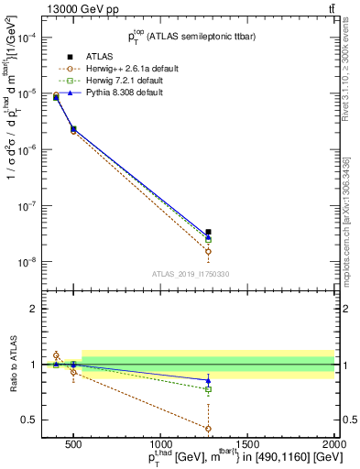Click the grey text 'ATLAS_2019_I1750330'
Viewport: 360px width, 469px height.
tap(191, 274)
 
